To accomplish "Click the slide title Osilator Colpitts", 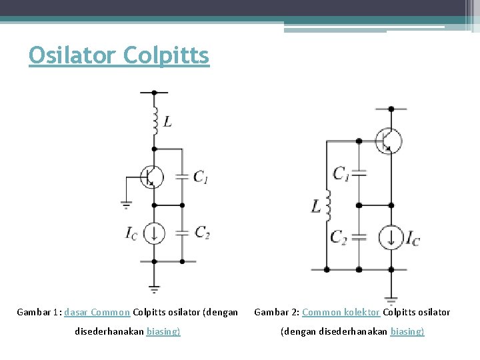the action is pyautogui.click(x=119, y=55).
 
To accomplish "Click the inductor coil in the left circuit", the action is pyautogui.click(x=154, y=121).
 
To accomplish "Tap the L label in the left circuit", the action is pyautogui.click(x=167, y=122).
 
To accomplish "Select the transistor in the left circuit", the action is pyautogui.click(x=153, y=177).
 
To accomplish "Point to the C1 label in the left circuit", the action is pyautogui.click(x=201, y=177).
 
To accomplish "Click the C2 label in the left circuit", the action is pyautogui.click(x=202, y=232).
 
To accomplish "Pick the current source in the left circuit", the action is pyautogui.click(x=154, y=233).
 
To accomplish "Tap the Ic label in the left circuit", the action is pyautogui.click(x=131, y=233).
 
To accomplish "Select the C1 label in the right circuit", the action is pyautogui.click(x=341, y=174).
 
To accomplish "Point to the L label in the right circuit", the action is pyautogui.click(x=316, y=207).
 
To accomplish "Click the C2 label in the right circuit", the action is pyautogui.click(x=339, y=237).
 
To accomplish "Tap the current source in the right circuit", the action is pyautogui.click(x=391, y=237).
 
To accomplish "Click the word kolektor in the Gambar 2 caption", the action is pyautogui.click(x=361, y=312).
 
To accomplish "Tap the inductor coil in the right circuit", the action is pyautogui.click(x=328, y=207).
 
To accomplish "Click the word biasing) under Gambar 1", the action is pyautogui.click(x=163, y=331).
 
